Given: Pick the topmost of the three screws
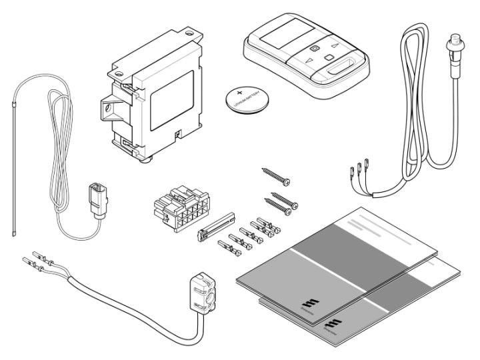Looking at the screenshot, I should pos(277,177).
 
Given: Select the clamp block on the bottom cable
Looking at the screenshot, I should pos(203,294).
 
